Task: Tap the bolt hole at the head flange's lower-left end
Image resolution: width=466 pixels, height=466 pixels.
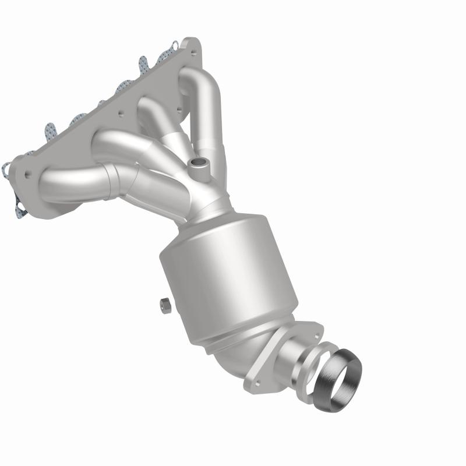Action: [x=28, y=174]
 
